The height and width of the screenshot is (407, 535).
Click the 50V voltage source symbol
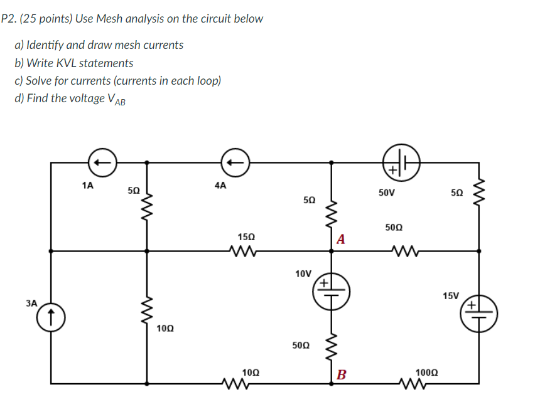click(x=398, y=164)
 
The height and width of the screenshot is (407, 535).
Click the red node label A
click(x=340, y=239)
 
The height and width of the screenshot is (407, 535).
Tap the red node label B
click(x=340, y=376)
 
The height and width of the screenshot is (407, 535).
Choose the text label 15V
click(x=450, y=295)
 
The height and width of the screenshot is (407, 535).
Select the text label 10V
click(x=303, y=273)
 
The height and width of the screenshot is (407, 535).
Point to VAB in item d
click(x=116, y=100)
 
